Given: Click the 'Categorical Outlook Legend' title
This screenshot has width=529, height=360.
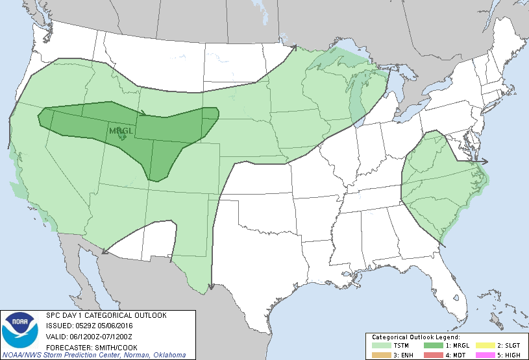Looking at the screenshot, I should tap(415, 337).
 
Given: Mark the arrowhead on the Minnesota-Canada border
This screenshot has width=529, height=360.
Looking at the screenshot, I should tap(293, 47).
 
